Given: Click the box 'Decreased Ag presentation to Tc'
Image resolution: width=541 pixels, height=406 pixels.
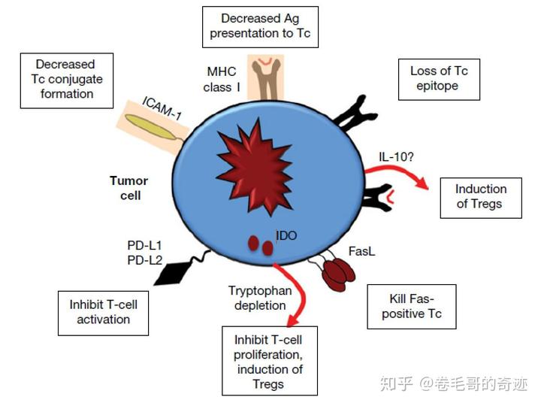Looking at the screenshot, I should tap(260, 26).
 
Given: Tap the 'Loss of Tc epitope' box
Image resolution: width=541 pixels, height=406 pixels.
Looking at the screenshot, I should tap(439, 79).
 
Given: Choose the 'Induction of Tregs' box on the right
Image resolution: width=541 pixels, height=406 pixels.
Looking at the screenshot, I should tap(481, 196).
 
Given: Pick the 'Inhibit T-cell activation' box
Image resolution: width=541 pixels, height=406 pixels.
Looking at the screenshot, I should tap(103, 312).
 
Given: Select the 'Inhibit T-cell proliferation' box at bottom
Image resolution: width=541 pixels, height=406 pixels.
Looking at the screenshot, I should tap(270, 360).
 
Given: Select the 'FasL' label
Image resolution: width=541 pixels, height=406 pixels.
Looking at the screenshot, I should tap(361, 250).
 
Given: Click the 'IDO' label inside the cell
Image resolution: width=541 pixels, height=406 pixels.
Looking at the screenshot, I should tap(286, 236).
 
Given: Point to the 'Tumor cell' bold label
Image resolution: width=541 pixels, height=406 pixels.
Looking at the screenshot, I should tap(128, 188).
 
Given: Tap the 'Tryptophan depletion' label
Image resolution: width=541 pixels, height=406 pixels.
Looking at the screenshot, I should tap(257, 298).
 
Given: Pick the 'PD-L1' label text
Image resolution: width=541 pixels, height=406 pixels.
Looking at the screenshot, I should tap(146, 245).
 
